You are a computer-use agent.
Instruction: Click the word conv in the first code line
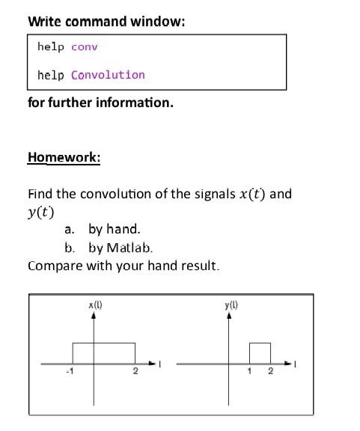85,47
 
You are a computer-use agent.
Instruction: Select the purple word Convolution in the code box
108,75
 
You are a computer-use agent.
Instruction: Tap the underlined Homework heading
64,157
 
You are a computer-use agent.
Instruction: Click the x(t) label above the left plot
95,305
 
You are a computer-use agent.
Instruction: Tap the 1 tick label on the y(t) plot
251,371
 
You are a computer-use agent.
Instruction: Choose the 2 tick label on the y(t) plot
270,371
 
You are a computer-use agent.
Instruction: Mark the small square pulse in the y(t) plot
260,353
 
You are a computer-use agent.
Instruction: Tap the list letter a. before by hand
70,230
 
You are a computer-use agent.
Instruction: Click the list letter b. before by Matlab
70,248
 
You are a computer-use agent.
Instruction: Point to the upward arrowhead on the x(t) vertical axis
94,316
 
